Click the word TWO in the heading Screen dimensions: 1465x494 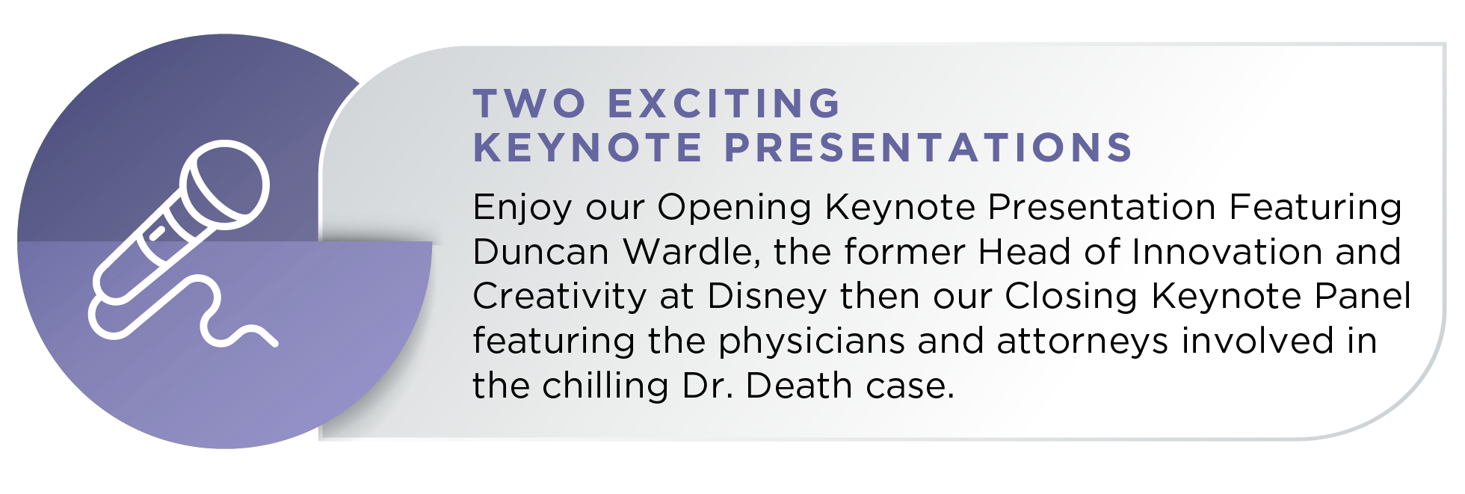529,103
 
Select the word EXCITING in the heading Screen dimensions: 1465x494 725,103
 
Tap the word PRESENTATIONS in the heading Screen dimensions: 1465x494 929,147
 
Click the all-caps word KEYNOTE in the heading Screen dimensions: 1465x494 588,147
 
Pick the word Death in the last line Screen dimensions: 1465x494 798,386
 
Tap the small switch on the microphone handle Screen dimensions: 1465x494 156,233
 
